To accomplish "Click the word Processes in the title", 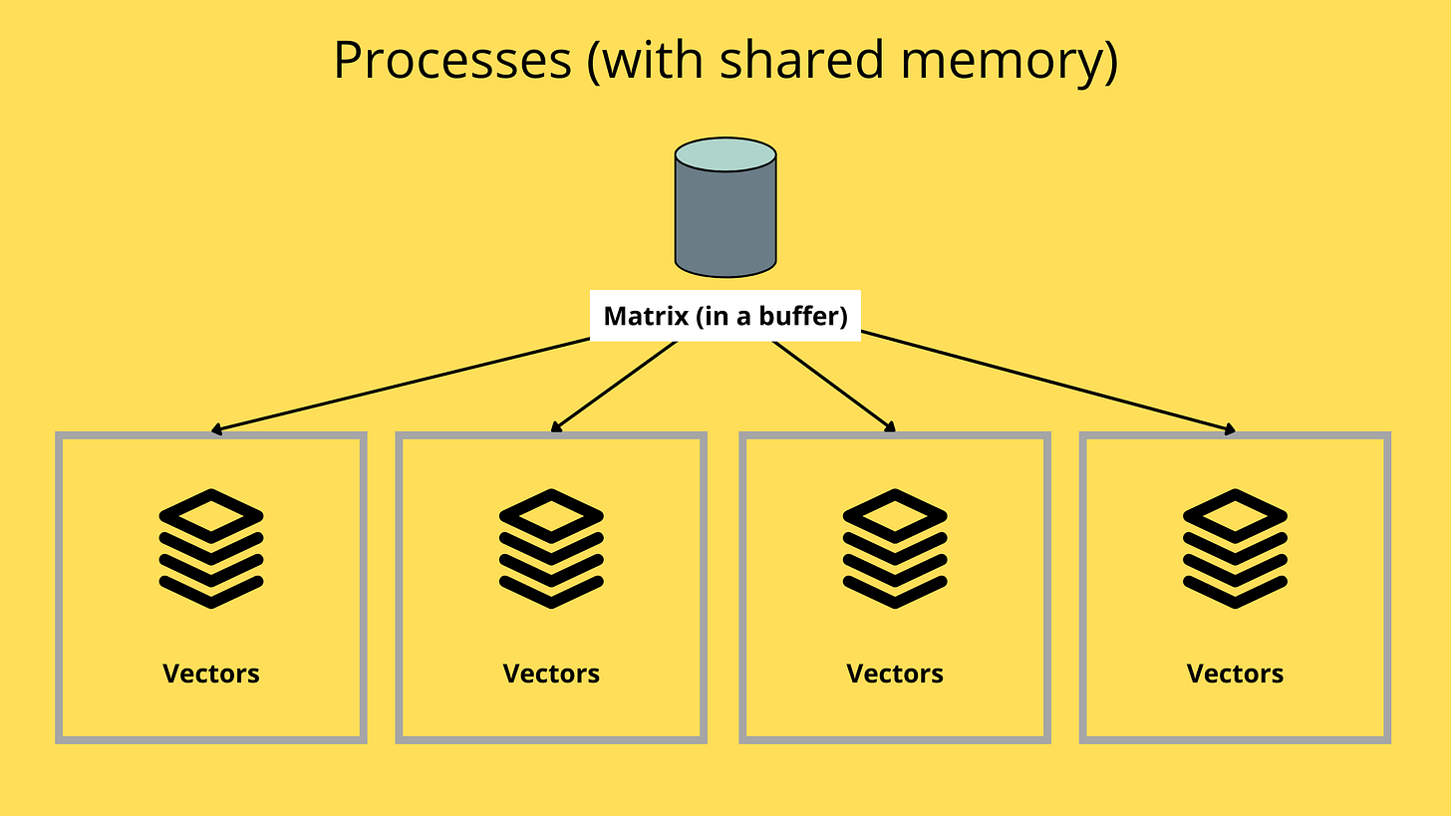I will click(x=451, y=60).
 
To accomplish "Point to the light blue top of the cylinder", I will click(x=725, y=154).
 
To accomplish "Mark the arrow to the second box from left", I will click(x=613, y=387).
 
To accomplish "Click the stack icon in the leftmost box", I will click(x=211, y=548).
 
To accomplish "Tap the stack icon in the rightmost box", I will click(x=1235, y=548).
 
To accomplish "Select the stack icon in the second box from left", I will click(x=551, y=548).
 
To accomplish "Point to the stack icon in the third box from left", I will click(x=894, y=548).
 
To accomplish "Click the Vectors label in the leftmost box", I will click(x=211, y=674).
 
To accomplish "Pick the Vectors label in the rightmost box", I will click(x=1235, y=674).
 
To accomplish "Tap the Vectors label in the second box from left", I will click(x=551, y=674).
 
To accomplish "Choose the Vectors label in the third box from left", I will click(x=894, y=674).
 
